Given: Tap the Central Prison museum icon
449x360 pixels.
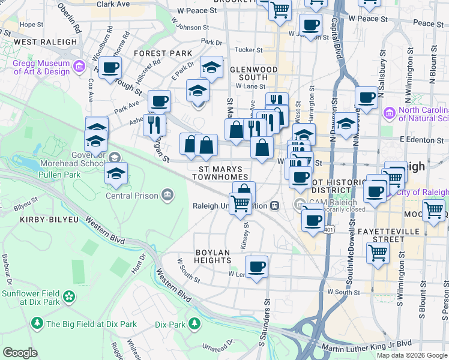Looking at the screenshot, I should [167, 195].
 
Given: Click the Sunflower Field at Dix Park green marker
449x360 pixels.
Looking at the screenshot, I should [70, 296].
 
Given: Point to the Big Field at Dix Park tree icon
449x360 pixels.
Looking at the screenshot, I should [37, 324].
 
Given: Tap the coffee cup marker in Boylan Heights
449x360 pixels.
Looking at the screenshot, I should [256, 266].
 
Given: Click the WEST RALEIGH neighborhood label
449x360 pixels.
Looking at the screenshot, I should [45, 42].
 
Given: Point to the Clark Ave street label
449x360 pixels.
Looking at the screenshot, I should [113, 4].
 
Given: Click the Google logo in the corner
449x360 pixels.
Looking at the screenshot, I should [20, 352].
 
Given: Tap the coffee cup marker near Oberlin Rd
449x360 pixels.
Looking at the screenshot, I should [110, 68].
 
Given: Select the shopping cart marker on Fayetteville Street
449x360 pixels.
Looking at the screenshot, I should [378, 252].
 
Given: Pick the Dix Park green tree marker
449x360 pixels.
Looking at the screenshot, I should [194, 324].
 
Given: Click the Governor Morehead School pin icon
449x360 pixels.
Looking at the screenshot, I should [114, 157].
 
